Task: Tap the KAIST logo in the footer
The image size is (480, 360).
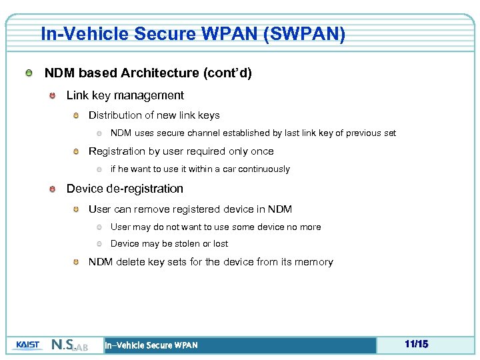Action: tap(27, 345)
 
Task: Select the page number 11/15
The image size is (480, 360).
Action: tap(416, 344)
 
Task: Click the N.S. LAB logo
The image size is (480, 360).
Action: tap(69, 345)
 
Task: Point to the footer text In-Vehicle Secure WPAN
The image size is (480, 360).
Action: tap(151, 345)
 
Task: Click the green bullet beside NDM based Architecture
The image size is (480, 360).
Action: tap(28, 73)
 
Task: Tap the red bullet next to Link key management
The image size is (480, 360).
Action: tap(52, 96)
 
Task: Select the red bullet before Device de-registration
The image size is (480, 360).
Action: tap(52, 189)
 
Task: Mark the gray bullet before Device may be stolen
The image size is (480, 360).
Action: tap(98, 244)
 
